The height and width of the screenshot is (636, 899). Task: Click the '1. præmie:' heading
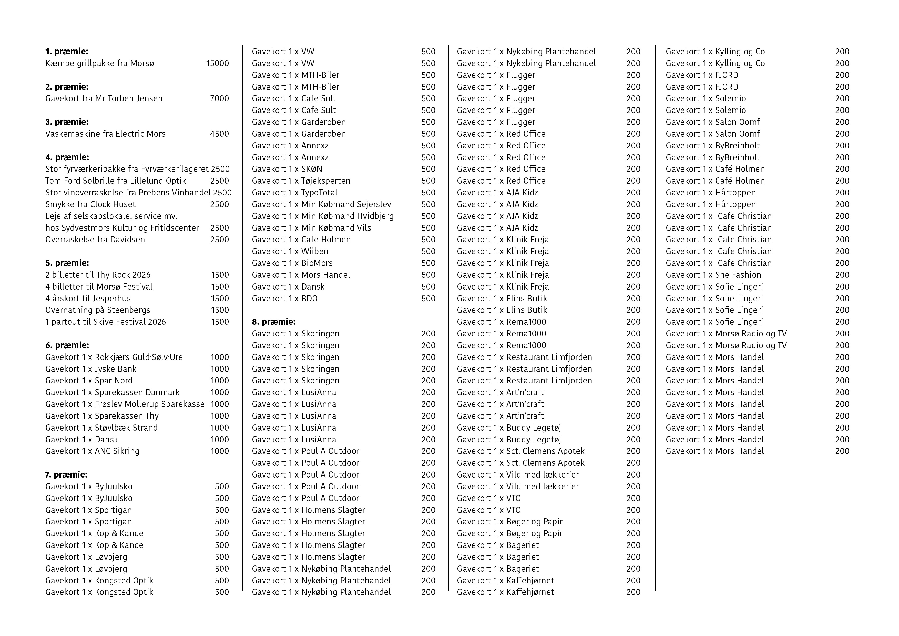pos(67,51)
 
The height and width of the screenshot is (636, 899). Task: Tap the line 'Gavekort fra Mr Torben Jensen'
pos(104,99)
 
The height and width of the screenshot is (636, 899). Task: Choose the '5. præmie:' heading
pos(67,263)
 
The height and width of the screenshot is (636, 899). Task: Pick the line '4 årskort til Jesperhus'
pos(88,299)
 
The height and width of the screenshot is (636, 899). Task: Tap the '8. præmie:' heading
pos(274,322)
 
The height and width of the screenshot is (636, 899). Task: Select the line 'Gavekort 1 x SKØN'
pos(287,169)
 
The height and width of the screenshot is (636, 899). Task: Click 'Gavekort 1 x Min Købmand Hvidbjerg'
pos(323,216)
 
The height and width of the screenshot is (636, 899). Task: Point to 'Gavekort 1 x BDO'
pos(285,299)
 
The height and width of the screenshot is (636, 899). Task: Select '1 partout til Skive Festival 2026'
pos(106,322)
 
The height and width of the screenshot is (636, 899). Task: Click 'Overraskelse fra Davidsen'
pos(95,240)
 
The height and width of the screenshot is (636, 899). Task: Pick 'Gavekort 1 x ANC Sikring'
pos(93,451)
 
